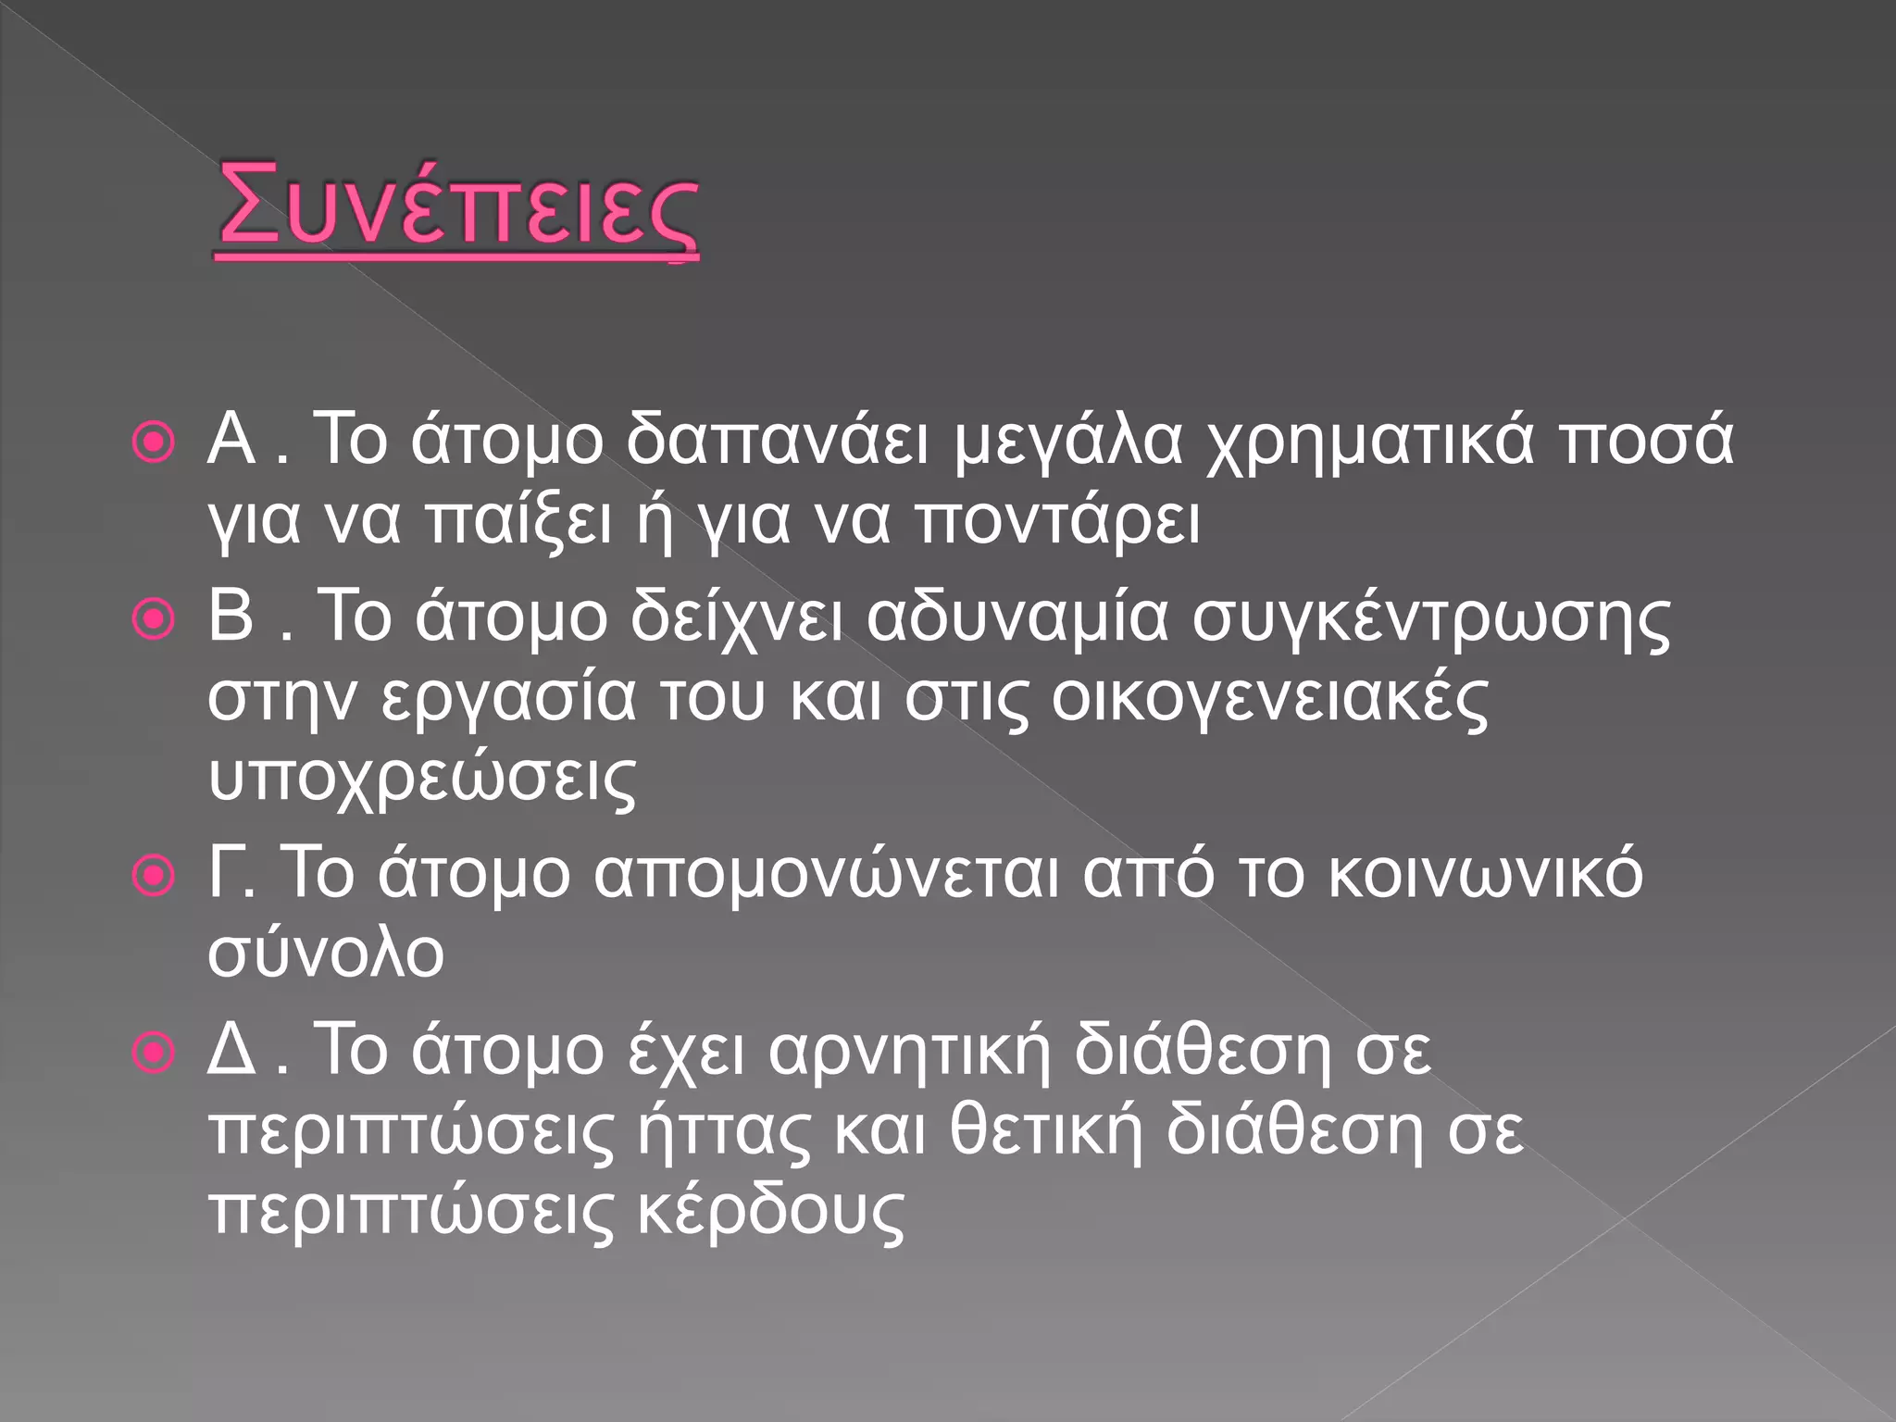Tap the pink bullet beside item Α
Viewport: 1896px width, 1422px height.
click(154, 443)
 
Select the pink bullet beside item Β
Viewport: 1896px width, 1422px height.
click(154, 619)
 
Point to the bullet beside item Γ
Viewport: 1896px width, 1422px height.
click(154, 875)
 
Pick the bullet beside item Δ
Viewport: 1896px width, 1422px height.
click(154, 1053)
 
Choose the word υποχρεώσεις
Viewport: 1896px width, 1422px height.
click(422, 780)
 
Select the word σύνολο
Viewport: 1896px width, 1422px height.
click(326, 954)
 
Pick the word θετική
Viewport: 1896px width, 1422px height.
click(1046, 1131)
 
